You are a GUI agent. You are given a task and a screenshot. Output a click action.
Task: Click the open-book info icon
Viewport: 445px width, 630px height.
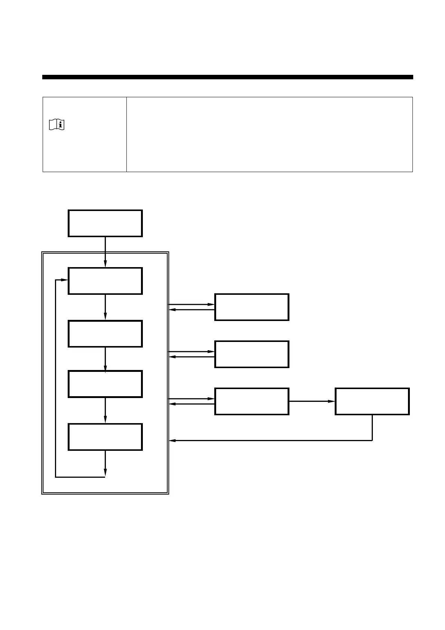(x=56, y=125)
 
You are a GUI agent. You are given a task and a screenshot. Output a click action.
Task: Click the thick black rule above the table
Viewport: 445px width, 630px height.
(x=227, y=77)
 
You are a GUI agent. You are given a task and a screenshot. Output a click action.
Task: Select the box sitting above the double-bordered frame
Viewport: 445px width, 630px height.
(x=105, y=223)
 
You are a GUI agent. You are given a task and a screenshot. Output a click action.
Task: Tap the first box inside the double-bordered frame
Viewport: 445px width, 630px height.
(x=105, y=281)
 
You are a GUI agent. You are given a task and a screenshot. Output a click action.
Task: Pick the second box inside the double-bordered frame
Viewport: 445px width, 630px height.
(x=105, y=334)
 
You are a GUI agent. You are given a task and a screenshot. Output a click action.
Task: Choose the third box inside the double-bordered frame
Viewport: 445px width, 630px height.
(x=105, y=384)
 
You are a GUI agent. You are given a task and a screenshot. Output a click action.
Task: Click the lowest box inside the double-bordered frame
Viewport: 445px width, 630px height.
(x=105, y=437)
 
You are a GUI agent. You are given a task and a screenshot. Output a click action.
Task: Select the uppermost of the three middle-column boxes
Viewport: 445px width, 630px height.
(x=252, y=307)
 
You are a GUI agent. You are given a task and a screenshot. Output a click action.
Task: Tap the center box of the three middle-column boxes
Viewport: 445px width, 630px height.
(x=252, y=354)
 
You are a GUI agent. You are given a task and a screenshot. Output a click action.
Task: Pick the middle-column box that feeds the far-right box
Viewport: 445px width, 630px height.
(x=252, y=401)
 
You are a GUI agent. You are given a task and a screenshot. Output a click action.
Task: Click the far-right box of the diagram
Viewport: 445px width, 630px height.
(x=372, y=401)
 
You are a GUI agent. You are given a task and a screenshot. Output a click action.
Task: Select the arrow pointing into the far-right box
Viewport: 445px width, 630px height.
(x=312, y=401)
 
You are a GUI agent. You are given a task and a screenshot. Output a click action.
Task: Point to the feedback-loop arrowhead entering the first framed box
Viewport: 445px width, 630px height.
(x=64, y=280)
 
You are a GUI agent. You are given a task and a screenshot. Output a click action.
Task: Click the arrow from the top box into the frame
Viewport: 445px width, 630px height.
(x=105, y=252)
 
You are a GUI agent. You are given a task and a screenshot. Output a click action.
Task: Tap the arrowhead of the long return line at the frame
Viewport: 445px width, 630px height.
(x=173, y=441)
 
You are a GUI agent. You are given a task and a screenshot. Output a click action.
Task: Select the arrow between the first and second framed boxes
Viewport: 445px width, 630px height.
(x=105, y=307)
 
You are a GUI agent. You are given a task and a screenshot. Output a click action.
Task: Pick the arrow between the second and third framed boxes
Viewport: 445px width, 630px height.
(x=105, y=359)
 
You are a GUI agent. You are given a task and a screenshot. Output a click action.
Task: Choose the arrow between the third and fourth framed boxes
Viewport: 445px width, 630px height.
(x=105, y=410)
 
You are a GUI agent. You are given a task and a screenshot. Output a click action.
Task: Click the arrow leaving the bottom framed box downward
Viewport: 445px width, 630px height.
(x=105, y=464)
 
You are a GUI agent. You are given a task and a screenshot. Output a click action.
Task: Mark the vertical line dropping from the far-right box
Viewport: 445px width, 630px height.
(x=372, y=428)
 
